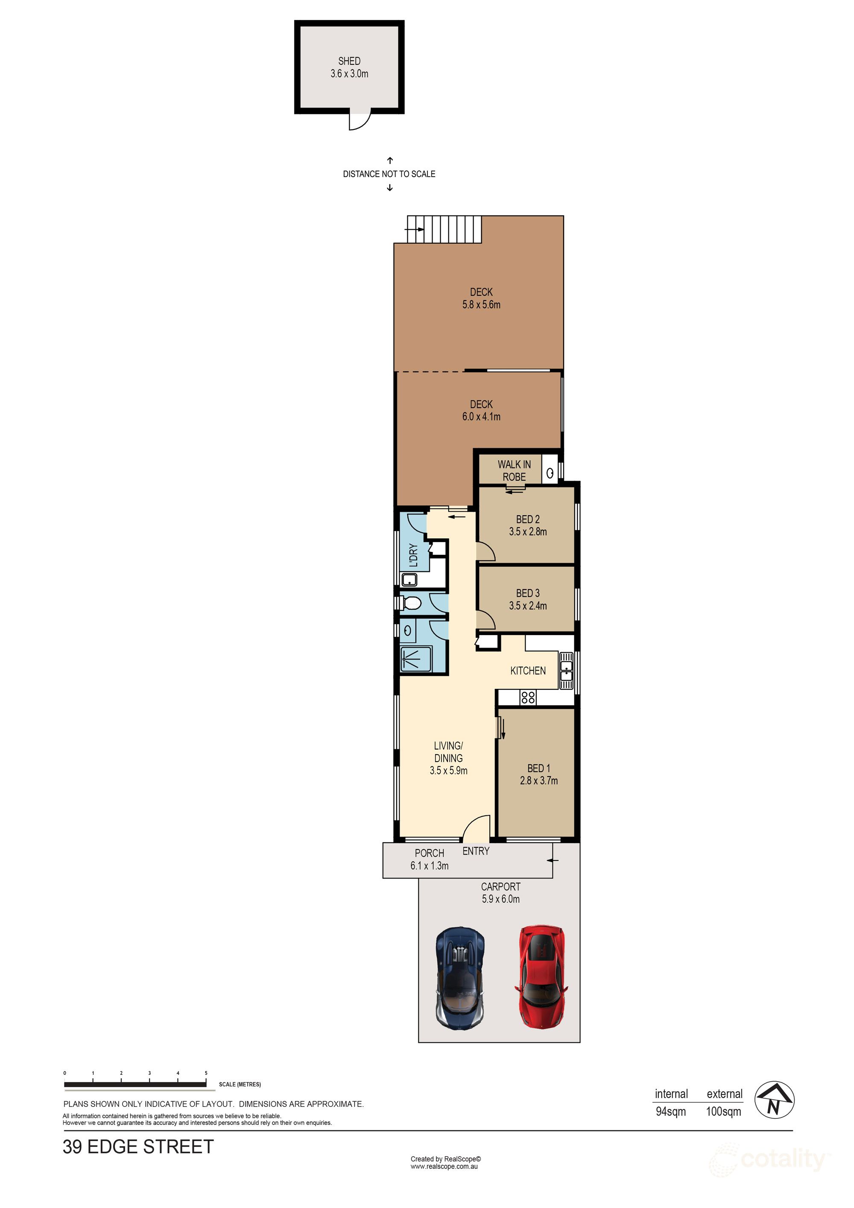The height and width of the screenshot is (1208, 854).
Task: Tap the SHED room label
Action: coord(349,61)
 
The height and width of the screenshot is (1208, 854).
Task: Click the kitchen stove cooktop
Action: coord(528,697)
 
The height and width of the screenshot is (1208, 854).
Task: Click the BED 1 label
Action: coord(539,768)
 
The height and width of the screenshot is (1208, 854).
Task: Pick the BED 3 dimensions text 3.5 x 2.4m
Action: coord(528,606)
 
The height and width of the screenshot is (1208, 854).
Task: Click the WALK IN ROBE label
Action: coord(514,470)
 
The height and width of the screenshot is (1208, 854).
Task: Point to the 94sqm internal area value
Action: coord(670,1112)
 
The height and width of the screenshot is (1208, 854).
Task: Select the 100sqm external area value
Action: coord(723,1112)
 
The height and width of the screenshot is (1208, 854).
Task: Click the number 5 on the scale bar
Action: coord(206,1073)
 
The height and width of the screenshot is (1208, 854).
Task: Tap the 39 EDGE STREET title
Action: coord(138,1147)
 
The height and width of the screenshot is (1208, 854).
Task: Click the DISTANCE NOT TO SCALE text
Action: coord(389,174)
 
